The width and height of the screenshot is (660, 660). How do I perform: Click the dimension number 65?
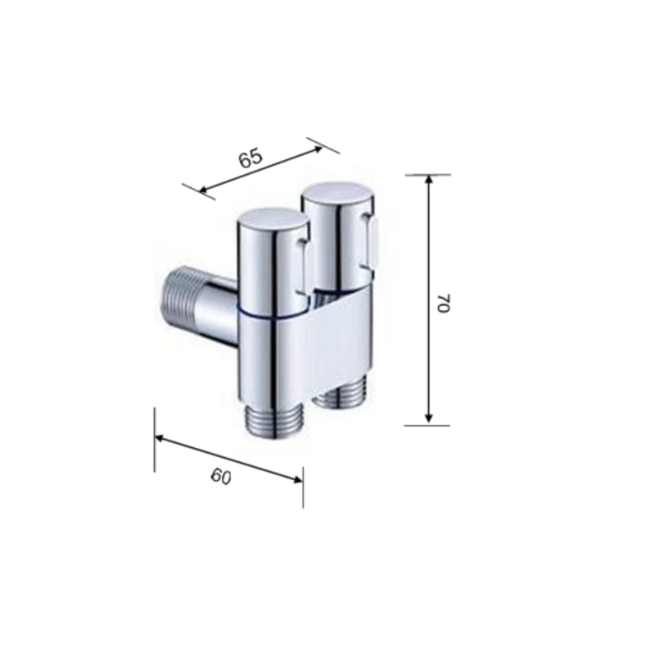click(251, 158)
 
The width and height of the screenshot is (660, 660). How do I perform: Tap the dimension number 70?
click(444, 303)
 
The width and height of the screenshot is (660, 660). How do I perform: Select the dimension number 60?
click(221, 477)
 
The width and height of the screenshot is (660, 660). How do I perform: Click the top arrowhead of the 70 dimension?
click(428, 179)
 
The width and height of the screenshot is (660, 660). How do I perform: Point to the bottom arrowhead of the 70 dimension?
click(428, 417)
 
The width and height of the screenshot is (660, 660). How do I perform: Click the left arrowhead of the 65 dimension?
click(203, 191)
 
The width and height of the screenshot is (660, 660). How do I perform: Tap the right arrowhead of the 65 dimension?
click(318, 148)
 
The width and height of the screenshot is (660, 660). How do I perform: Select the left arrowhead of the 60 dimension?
click(159, 439)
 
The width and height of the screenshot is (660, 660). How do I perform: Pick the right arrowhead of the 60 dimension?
click(298, 479)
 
